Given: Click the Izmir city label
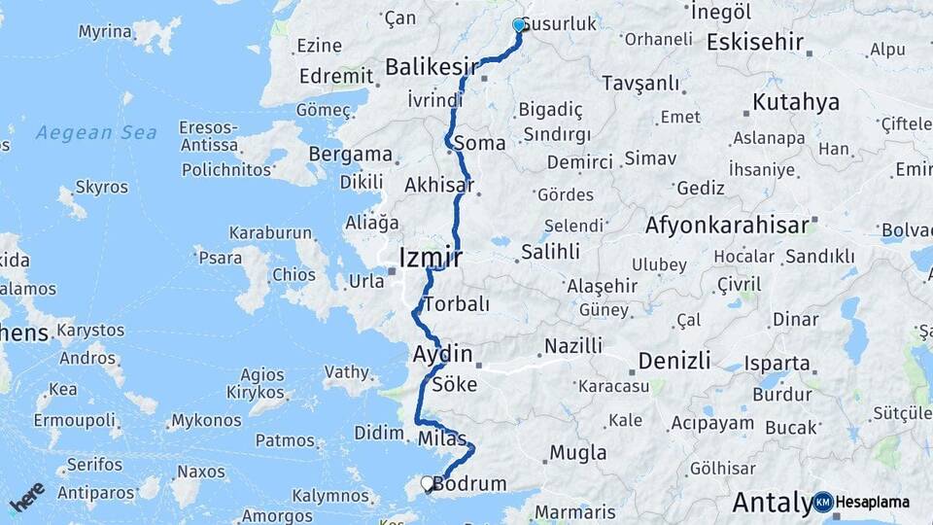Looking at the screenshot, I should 430,258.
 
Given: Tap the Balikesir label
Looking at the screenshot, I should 432,67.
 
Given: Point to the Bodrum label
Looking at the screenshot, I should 473,483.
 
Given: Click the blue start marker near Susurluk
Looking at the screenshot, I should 519,25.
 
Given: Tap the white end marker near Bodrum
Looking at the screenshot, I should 427,482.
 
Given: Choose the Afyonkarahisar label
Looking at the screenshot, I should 727,226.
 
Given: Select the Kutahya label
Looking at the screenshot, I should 795,101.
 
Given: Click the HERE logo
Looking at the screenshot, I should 26,497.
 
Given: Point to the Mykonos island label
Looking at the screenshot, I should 206,421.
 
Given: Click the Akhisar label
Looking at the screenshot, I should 438,185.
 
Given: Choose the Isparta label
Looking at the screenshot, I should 777,364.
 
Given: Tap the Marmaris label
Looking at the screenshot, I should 575,511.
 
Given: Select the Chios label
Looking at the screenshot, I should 294,274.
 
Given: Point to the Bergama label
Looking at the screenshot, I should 350,155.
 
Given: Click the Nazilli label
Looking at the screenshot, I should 572,345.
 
